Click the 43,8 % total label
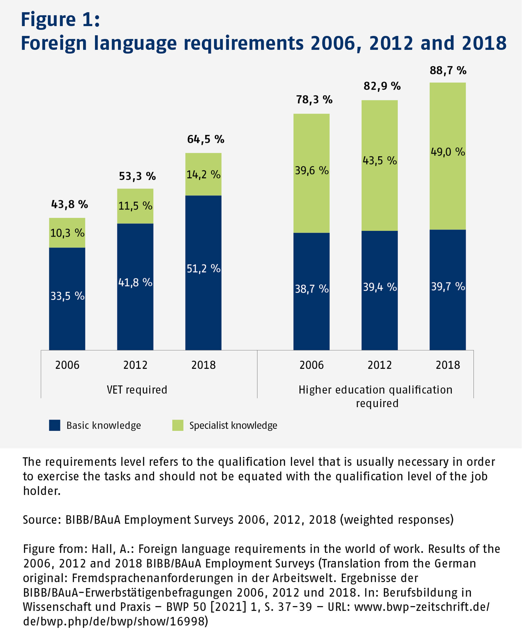click(x=69, y=204)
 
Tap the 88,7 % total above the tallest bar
click(x=448, y=70)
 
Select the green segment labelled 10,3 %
click(x=67, y=233)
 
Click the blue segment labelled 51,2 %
click(x=203, y=273)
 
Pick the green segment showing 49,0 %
click(x=448, y=156)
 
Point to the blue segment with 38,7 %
click(x=312, y=291)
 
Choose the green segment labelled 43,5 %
click(x=379, y=165)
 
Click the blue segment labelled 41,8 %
click(x=135, y=286)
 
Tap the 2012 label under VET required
click(x=135, y=365)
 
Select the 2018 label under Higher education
click(x=448, y=365)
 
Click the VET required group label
click(x=137, y=390)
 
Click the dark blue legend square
click(x=54, y=425)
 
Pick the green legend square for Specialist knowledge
click(x=177, y=425)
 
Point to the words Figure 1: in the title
click(x=60, y=20)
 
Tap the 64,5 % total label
click(x=206, y=140)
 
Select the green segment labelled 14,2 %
click(x=203, y=174)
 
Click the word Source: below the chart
click(x=42, y=520)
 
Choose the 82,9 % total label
click(x=382, y=86)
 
